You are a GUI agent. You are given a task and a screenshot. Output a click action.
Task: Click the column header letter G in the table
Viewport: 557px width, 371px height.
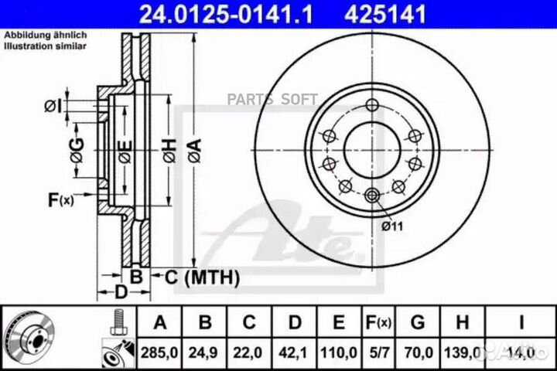419,322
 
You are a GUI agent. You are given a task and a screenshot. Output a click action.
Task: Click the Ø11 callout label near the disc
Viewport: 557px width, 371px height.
392,226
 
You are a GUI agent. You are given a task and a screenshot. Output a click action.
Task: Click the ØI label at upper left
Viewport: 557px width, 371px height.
51,104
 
